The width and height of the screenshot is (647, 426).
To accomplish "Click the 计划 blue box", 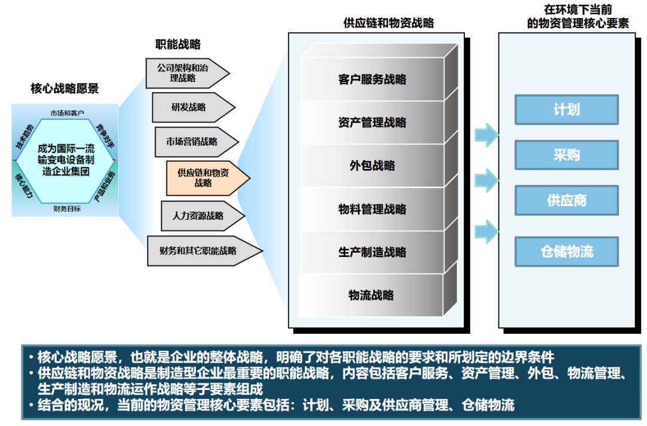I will point(566,110).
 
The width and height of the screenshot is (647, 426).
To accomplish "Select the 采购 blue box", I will point(566,155).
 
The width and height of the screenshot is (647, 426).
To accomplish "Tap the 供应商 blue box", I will point(566,200).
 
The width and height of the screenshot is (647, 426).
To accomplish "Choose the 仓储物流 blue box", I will point(566,252).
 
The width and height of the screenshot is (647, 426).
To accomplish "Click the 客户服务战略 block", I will point(372,79).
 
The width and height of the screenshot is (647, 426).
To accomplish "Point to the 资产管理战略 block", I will point(372,123).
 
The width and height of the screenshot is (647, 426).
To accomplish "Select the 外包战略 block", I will point(372,166).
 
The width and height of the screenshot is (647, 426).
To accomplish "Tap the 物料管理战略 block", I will point(372,209).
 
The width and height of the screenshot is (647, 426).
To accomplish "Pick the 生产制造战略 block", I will point(372,252).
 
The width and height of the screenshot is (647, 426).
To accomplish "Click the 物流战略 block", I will point(372,295).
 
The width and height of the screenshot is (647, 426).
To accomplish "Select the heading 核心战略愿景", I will point(65,89).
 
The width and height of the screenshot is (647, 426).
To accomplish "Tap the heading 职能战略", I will point(178,44).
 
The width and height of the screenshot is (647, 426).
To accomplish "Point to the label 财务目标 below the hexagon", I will point(67,209).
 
